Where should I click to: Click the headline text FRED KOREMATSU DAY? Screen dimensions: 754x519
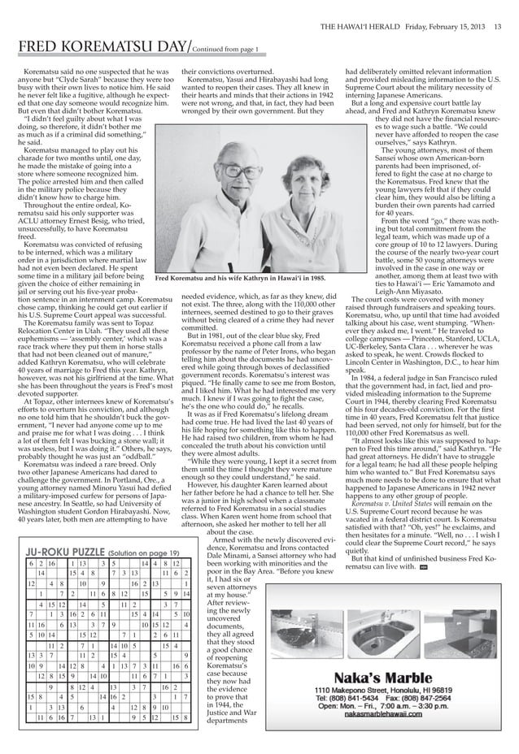pyautogui.click(x=97, y=47)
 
